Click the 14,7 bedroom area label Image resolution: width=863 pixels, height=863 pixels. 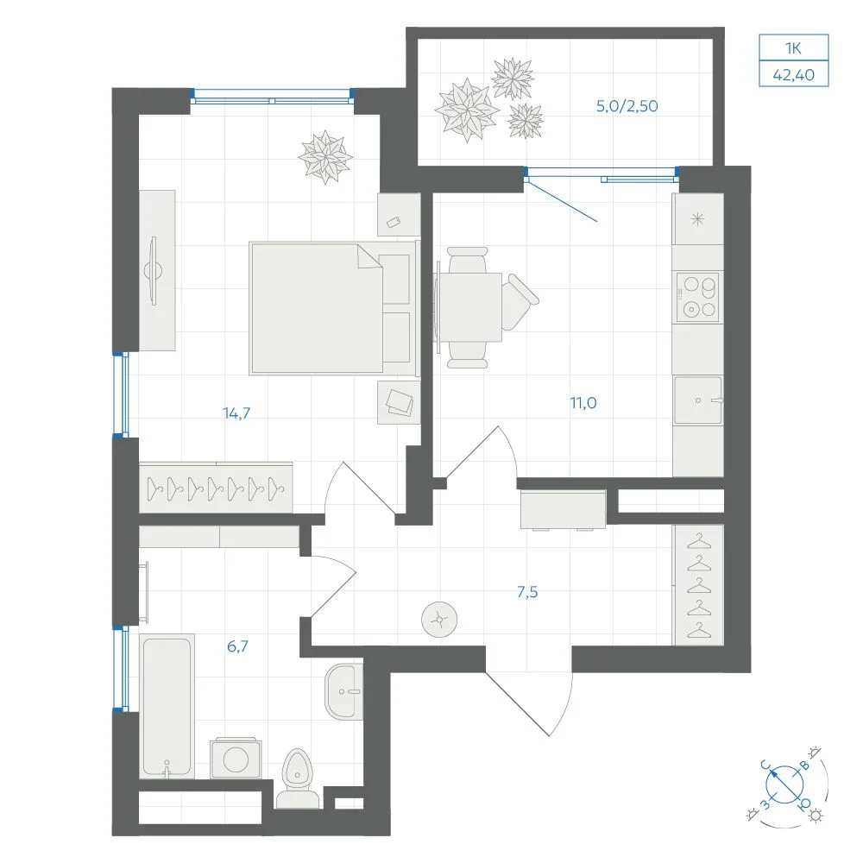tap(236, 413)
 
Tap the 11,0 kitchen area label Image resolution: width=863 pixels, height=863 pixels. tap(583, 403)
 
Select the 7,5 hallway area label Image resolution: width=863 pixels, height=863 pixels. tap(527, 592)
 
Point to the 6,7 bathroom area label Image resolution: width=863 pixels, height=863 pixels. tap(237, 646)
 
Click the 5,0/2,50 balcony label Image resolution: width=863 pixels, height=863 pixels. tap(627, 105)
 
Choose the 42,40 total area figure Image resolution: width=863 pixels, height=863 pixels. tap(794, 74)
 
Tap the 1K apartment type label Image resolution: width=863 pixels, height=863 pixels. tap(793, 48)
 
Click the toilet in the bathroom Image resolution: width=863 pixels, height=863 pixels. tap(297, 778)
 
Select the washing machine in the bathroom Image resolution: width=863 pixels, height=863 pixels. tap(236, 759)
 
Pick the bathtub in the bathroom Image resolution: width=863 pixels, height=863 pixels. tap(167, 706)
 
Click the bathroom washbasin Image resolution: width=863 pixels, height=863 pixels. tap(343, 691)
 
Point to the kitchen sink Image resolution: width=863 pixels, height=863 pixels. tap(698, 400)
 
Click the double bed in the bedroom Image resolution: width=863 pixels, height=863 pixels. tap(332, 308)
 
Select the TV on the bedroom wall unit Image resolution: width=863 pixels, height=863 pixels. tap(154, 271)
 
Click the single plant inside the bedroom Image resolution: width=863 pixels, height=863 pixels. tap(325, 157)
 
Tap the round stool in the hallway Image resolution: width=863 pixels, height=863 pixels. tap(439, 620)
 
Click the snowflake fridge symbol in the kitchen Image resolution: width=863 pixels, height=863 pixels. tap(697, 220)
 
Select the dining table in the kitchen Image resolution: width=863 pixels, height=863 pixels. tap(469, 307)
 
